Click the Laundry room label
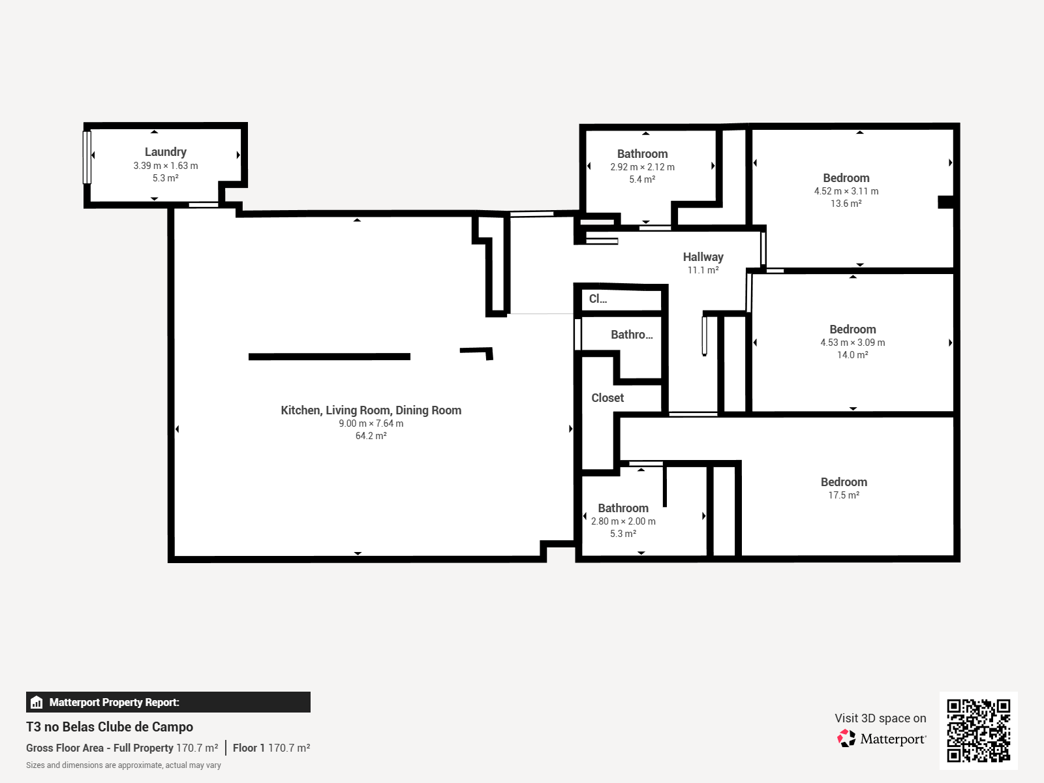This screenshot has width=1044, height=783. (166, 152)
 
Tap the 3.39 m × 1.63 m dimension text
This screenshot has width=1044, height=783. (166, 166)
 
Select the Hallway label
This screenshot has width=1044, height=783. (703, 257)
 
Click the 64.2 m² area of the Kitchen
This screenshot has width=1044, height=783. (371, 435)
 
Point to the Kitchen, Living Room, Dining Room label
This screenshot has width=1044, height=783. (371, 410)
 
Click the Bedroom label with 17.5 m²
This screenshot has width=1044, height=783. (844, 482)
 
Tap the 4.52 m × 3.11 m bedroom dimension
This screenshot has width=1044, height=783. (846, 191)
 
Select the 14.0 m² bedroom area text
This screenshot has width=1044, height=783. (853, 355)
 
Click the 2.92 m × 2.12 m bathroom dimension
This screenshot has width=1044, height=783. (642, 167)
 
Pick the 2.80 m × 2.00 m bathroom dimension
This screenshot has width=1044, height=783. (623, 521)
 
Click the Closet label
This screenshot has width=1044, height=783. (607, 398)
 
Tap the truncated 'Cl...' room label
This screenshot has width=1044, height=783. (598, 299)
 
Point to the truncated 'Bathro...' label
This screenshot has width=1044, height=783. (632, 335)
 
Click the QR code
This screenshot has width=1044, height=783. (978, 731)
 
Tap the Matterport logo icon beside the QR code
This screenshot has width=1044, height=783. (846, 739)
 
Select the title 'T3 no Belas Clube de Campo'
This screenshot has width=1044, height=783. (110, 727)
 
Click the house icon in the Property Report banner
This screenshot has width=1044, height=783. (37, 702)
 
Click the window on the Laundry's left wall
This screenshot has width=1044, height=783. (87, 157)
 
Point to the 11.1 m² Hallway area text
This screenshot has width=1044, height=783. (703, 270)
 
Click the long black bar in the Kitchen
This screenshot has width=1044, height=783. (329, 356)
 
